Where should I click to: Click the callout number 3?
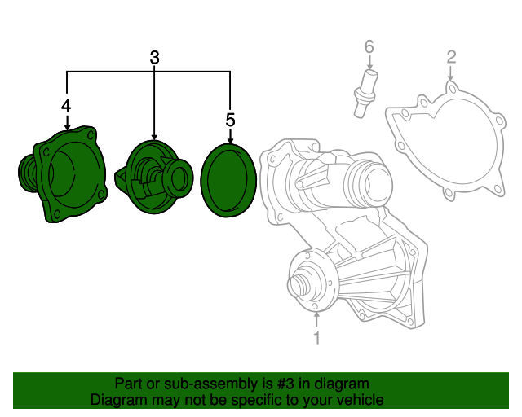click(155, 58)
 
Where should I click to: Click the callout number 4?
click(66, 105)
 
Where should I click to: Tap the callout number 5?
click(230, 121)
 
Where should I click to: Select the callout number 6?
click(369, 47)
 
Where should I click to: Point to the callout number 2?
click(451, 57)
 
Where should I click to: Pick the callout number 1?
click(317, 337)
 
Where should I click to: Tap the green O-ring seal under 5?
click(230, 179)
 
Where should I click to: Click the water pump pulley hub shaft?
click(299, 286)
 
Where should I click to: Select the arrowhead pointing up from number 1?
click(317, 313)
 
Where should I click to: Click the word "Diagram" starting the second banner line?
click(117, 400)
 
